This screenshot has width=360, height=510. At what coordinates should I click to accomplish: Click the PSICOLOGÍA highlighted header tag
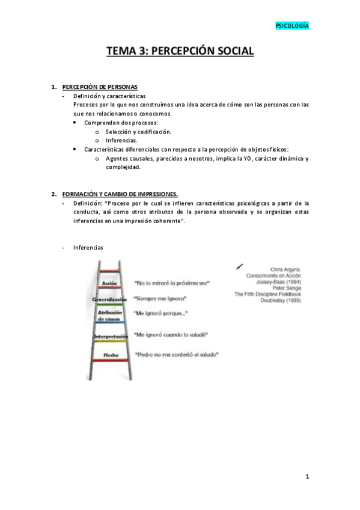tap(292, 26)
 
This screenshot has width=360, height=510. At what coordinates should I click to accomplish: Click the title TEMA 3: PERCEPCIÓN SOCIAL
tap(180, 51)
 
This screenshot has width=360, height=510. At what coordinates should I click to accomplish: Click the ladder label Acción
tap(109, 282)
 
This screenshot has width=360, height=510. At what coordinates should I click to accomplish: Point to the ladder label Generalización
tap(109, 299)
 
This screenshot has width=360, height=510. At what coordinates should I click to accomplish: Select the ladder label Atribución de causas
tap(109, 315)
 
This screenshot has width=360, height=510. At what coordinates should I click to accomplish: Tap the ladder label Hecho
tap(111, 355)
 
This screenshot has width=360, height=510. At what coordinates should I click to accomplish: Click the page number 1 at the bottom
tap(307, 476)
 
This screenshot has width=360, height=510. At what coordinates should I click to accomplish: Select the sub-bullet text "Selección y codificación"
tap(138, 131)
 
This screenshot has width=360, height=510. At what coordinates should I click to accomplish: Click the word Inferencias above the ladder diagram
tap(88, 247)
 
